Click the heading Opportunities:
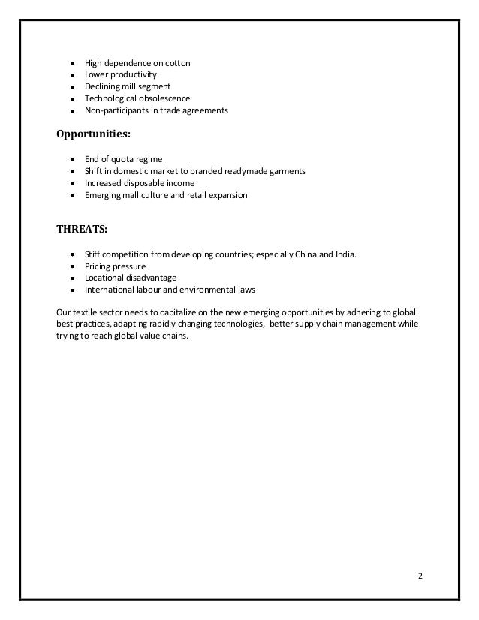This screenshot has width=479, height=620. pyautogui.click(x=93, y=135)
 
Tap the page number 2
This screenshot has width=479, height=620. pyautogui.click(x=420, y=576)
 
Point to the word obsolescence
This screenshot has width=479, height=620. pyautogui.click(x=162, y=98)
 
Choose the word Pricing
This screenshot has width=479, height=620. pyautogui.click(x=98, y=266)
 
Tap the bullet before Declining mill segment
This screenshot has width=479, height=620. pyautogui.click(x=71, y=87)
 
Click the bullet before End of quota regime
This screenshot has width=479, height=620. pyautogui.click(x=71, y=159)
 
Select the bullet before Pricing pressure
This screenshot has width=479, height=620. pyautogui.click(x=71, y=266)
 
